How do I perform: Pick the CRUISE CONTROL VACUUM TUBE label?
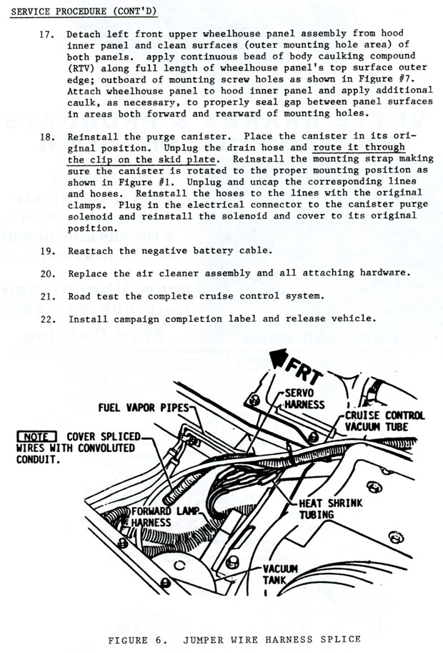tap(384, 421)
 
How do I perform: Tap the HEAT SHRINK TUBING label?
tap(331, 509)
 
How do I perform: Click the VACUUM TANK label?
tap(279, 574)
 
